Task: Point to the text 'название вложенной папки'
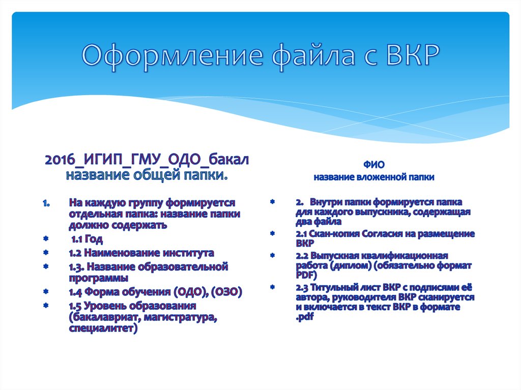[374, 177]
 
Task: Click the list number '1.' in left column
[46, 203]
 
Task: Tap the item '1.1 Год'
[87, 239]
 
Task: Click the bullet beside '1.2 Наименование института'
[46, 253]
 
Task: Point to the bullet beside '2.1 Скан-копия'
[273, 233]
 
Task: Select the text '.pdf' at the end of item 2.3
[305, 318]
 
